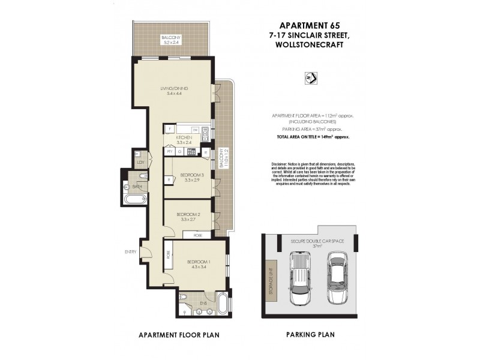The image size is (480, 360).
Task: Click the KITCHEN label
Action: [184, 138]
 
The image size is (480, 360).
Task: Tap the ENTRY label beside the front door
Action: [130, 251]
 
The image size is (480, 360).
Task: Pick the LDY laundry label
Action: [141, 162]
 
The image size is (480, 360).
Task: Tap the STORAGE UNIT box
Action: [271, 279]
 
